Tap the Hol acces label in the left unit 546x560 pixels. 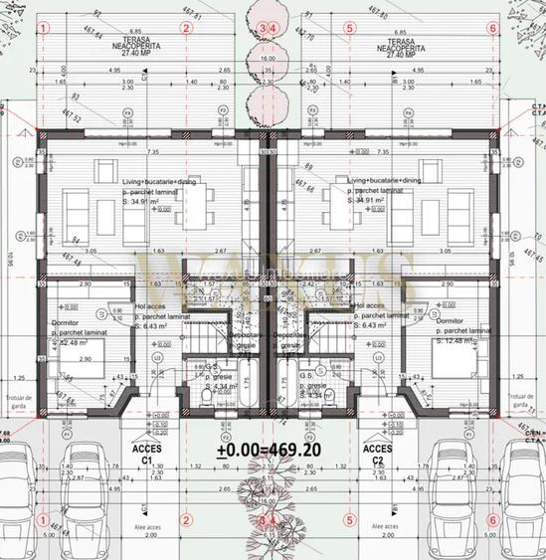coord(148,306)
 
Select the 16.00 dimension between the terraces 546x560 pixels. coord(267,59)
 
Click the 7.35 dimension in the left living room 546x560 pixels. coord(153,152)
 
